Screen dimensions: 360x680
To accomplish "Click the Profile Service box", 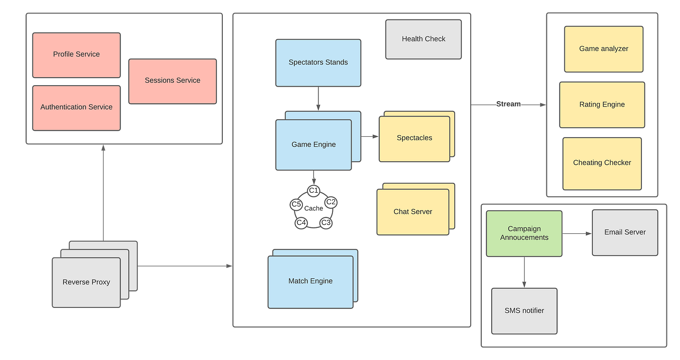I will click(76, 55).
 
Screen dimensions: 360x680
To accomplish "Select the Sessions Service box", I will click(172, 81).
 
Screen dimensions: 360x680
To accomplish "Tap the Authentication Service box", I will click(76, 107).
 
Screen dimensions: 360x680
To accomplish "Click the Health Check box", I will click(423, 39).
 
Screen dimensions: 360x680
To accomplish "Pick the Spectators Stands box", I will click(318, 63).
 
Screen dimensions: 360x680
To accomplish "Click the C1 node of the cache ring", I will click(314, 190).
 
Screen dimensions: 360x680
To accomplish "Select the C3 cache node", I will click(326, 222).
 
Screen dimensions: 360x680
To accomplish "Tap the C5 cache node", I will click(296, 204).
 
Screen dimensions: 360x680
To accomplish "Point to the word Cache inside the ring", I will click(313, 208).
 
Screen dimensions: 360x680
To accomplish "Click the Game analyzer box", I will click(603, 49).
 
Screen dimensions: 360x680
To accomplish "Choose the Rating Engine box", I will click(602, 105).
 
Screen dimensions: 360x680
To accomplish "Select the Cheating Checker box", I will click(602, 163).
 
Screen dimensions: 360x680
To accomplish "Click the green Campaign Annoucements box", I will click(524, 233).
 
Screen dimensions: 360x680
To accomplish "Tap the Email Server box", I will click(624, 232).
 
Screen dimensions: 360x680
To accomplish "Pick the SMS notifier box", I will click(524, 310).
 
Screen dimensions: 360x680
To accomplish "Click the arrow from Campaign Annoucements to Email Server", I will click(577, 233).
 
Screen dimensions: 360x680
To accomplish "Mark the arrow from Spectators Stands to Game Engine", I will click(318, 99).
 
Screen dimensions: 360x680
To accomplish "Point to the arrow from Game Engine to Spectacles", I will click(370, 136).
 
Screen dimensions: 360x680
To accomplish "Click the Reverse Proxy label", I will click(86, 282).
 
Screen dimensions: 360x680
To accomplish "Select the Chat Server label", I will click(413, 212).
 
